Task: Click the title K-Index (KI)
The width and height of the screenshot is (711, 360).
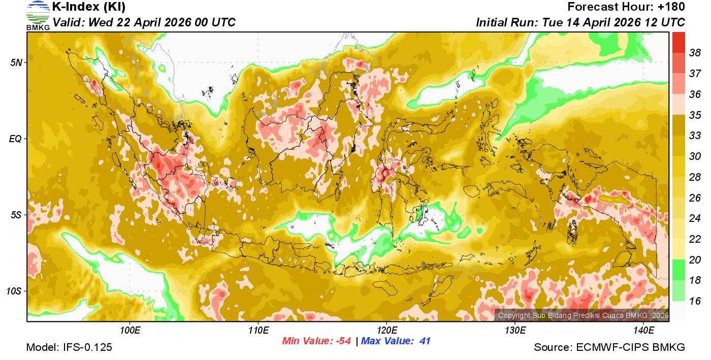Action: click(x=89, y=7)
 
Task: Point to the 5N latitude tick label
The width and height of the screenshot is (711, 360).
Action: click(x=16, y=62)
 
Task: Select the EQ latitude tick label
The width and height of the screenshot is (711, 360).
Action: click(x=15, y=139)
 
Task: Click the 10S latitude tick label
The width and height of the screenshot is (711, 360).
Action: click(x=14, y=291)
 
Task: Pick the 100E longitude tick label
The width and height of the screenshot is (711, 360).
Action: click(x=131, y=331)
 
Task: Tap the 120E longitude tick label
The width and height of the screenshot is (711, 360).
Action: click(x=386, y=331)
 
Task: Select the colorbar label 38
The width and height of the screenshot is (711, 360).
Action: click(x=695, y=53)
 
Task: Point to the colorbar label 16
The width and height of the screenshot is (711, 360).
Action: click(x=695, y=301)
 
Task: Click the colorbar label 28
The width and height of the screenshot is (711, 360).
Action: click(x=695, y=177)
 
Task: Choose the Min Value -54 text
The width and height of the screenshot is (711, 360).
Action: click(x=317, y=341)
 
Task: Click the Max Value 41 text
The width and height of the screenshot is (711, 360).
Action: click(x=396, y=341)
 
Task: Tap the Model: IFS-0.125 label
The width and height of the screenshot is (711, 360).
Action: click(x=69, y=347)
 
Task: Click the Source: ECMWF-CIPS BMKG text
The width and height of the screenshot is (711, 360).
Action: click(x=609, y=347)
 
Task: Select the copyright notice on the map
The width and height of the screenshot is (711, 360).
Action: click(x=583, y=315)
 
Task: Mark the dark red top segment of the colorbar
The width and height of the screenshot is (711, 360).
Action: click(x=678, y=42)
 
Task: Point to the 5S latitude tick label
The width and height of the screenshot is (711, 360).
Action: click(x=16, y=215)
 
